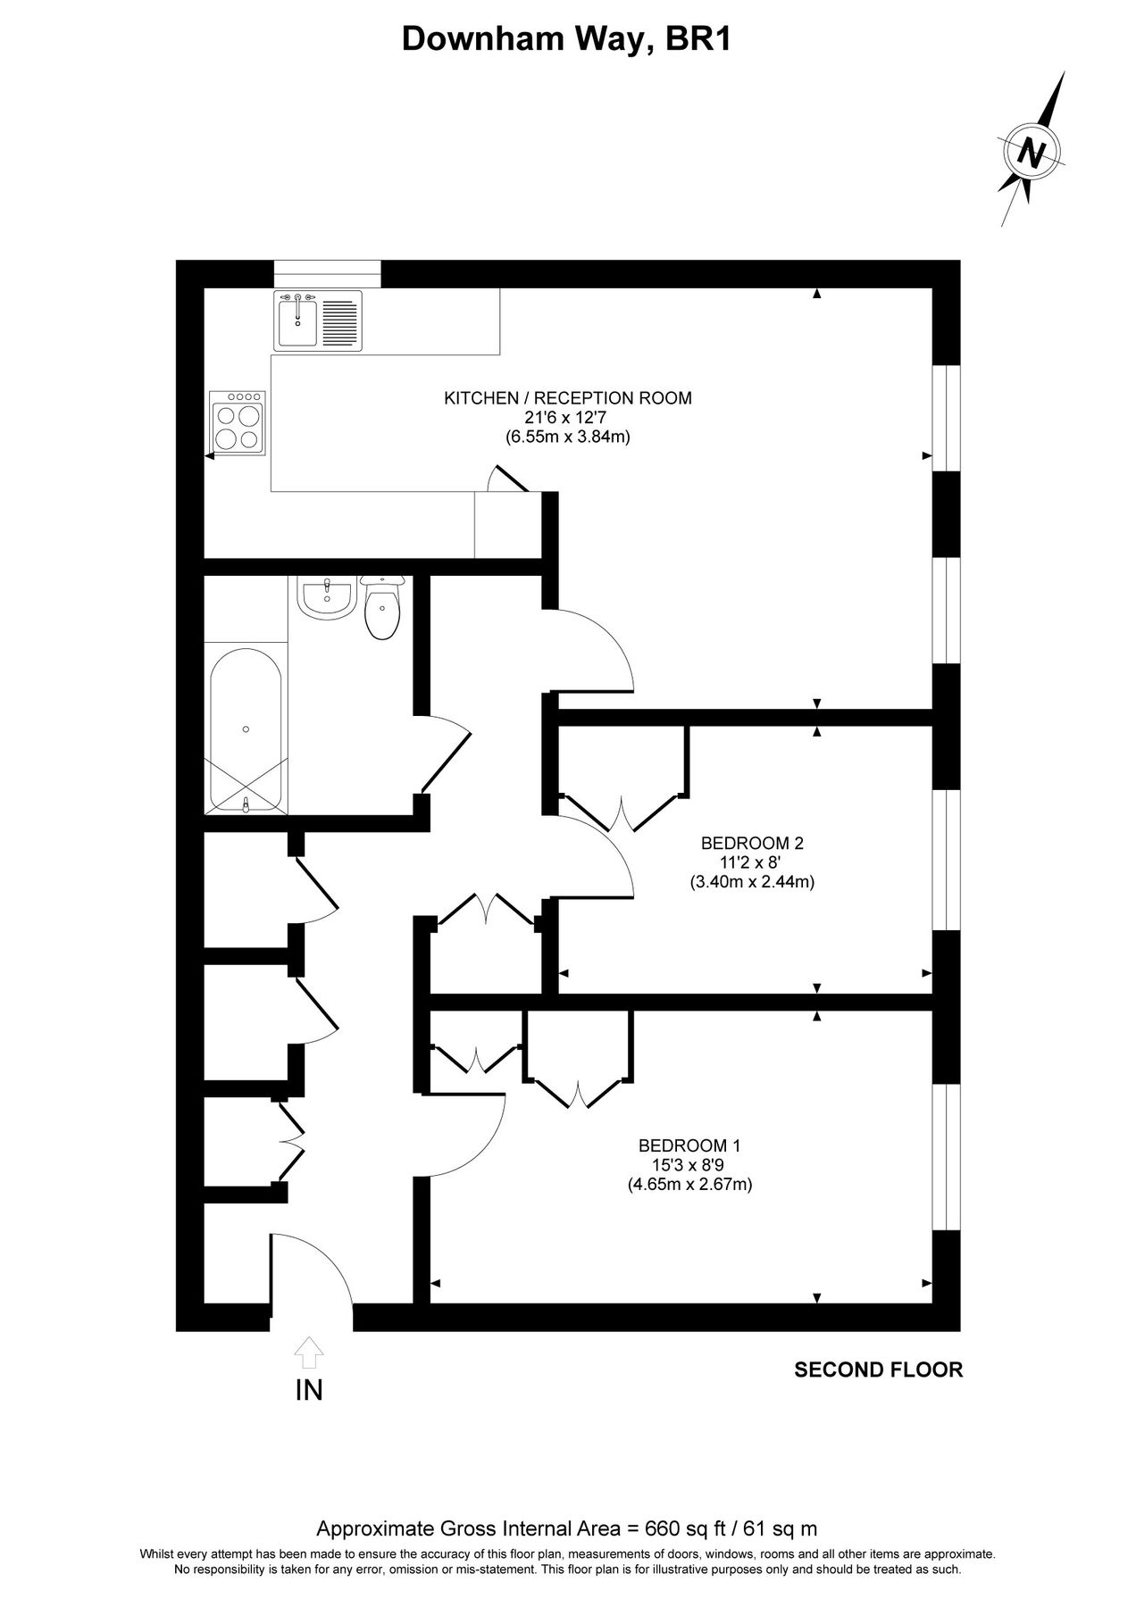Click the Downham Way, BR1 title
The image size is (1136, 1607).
point(567,38)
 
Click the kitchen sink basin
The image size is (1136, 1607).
point(296,323)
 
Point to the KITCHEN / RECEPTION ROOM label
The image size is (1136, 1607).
point(568,398)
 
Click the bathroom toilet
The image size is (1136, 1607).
point(383,609)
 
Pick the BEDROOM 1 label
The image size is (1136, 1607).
point(689,1145)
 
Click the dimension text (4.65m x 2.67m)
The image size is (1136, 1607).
point(689,1185)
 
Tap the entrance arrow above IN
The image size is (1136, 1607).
point(309,1353)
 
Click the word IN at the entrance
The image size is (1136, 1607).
point(309,1390)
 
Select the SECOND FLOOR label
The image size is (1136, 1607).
point(879,1370)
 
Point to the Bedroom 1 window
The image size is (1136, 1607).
point(946,1158)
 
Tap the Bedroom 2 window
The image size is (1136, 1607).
point(946,860)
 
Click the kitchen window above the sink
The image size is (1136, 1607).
point(327,273)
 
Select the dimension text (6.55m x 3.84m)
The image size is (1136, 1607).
point(568,437)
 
